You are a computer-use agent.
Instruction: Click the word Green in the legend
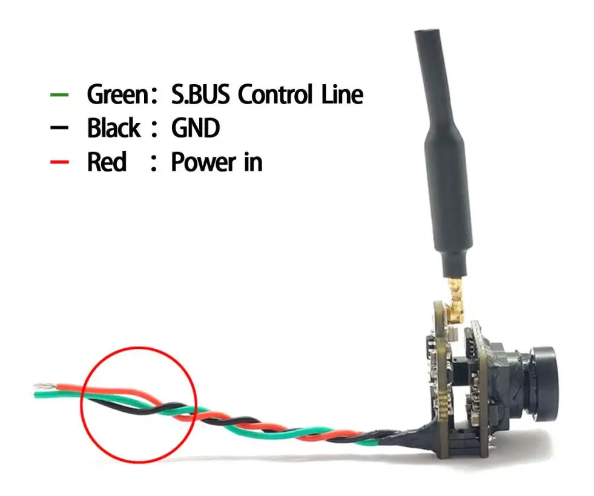click(116, 95)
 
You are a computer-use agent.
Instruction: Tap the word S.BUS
click(197, 95)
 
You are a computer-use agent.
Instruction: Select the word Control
click(277, 95)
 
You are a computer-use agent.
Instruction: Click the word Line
click(343, 95)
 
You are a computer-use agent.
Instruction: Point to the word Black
click(113, 128)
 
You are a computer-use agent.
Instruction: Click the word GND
click(195, 128)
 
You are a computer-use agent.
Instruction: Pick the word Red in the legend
click(107, 162)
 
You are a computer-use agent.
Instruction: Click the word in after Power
click(253, 162)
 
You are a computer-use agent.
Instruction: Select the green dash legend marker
click(59, 96)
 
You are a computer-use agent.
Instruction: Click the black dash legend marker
click(59, 129)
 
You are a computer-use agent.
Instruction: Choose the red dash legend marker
click(59, 162)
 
